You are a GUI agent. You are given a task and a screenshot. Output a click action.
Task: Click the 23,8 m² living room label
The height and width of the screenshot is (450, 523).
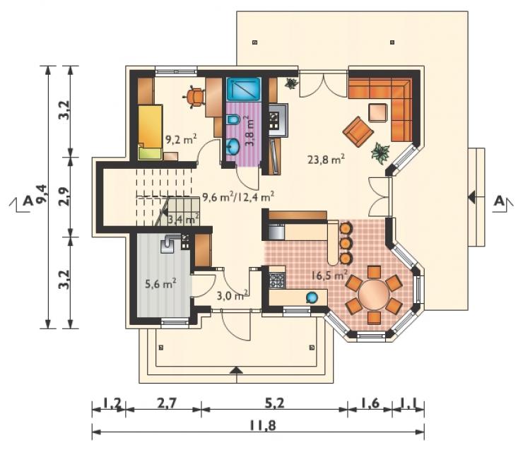327,160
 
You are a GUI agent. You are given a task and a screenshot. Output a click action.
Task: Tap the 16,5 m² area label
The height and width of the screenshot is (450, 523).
329,276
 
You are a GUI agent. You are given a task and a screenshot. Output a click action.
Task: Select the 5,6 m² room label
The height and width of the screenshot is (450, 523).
160,284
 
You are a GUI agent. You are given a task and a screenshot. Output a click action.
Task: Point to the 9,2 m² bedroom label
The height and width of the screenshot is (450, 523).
181,138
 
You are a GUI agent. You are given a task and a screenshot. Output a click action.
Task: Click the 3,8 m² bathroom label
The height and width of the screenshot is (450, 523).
250,131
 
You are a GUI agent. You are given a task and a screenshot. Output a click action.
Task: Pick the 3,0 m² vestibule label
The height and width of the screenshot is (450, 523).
232,295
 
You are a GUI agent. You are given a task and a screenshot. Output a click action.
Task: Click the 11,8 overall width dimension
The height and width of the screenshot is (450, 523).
262,426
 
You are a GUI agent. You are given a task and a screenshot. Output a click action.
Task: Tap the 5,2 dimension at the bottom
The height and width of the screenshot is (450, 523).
275,403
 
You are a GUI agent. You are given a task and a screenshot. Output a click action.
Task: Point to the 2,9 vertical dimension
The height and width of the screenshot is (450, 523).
65,196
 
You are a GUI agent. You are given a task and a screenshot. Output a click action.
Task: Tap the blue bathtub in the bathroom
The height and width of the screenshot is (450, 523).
244,89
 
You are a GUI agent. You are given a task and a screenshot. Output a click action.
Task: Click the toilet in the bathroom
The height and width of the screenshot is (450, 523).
233,119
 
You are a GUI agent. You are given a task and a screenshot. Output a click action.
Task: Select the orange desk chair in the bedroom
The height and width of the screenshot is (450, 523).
194,97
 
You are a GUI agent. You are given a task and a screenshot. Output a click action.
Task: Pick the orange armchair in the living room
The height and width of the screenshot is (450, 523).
358,131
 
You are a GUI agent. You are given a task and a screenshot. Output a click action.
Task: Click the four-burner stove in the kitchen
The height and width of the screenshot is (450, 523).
277,280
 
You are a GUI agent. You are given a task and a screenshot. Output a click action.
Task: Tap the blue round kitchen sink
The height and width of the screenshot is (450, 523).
312,297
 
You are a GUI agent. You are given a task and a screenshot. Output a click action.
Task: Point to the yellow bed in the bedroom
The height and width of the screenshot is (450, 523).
150,132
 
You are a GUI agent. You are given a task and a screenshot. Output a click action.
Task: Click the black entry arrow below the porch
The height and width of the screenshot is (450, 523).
237,369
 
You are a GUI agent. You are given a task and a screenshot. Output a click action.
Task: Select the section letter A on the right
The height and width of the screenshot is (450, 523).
499,201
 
